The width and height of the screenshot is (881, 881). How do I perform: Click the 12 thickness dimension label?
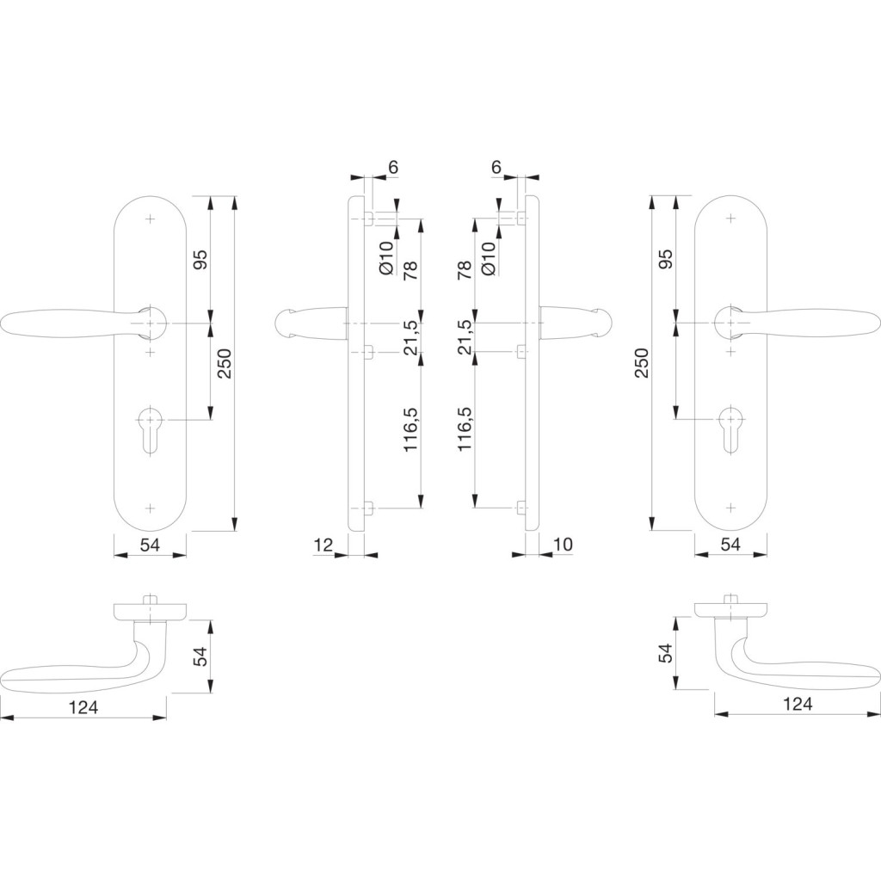pos(323,545)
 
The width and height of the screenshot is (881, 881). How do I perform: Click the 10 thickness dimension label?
pos(563,545)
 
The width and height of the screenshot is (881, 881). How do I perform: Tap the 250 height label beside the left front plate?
pos(225,363)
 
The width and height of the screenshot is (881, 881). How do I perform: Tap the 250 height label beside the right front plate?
pos(642,363)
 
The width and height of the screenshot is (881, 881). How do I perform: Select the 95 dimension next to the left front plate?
pos(200,259)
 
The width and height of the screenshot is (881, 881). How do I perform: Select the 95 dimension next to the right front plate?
pos(665,259)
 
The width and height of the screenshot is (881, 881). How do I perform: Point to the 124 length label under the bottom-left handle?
pos(83,707)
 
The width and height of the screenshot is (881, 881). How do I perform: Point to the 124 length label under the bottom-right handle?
pos(798,704)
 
